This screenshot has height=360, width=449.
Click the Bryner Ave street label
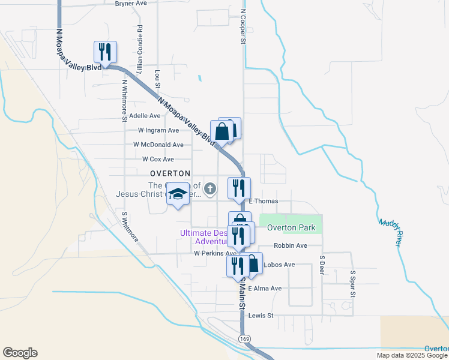(x=131, y=3)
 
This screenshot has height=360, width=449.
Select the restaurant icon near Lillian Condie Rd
(x=105, y=53)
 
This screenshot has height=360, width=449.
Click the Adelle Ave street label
(x=145, y=116)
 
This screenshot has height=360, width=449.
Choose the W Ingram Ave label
(x=158, y=130)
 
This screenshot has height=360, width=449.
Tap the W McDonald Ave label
(x=158, y=145)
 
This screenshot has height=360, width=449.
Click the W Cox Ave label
(x=158, y=159)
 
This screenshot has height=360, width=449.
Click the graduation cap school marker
(x=178, y=194)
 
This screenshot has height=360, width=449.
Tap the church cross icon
(x=210, y=190)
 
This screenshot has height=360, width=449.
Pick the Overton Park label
(x=291, y=227)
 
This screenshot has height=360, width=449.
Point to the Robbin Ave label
(x=290, y=245)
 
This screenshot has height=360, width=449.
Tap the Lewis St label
(x=261, y=315)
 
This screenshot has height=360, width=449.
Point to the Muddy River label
(x=390, y=232)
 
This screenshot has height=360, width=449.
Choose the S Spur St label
(x=353, y=283)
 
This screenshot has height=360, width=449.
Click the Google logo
(x=20, y=353)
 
